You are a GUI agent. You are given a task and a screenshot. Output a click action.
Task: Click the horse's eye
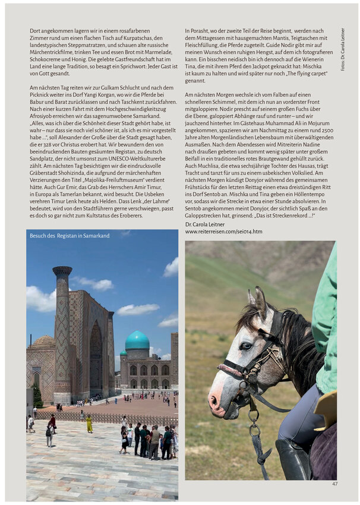click(x=245, y=345)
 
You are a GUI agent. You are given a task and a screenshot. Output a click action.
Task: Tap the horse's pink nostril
click(x=214, y=402)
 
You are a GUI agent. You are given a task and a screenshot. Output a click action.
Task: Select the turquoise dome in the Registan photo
click(x=137, y=341)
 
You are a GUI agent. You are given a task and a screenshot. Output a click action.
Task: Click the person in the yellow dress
click(x=89, y=424)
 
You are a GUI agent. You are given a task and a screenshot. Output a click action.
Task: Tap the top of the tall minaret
click(x=62, y=271)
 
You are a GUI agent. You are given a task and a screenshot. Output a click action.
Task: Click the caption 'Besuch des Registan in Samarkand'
click(x=70, y=236)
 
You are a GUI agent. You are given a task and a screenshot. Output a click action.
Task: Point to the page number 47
click(x=334, y=484)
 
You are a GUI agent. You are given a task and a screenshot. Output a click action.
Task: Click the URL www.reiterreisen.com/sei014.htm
click(x=223, y=232)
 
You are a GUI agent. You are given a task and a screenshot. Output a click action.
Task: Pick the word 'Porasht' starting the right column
click(x=201, y=30)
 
